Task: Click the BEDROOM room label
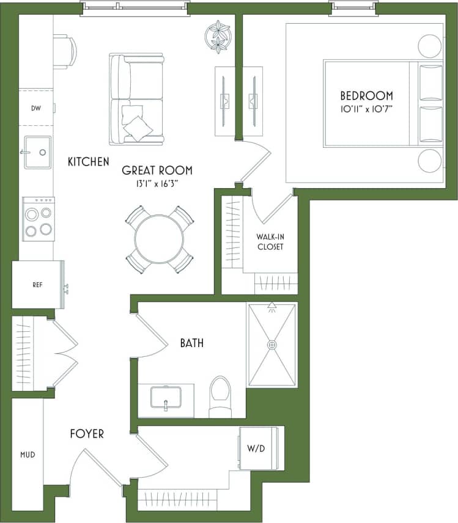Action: (366, 96)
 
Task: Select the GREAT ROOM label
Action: (157, 170)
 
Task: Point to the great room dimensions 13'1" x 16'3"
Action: (157, 183)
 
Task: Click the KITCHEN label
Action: (89, 162)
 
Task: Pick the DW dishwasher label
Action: (35, 108)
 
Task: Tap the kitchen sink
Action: (37, 152)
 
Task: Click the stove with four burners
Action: (38, 219)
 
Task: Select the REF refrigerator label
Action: (37, 285)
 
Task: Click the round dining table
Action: (159, 239)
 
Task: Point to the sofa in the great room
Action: (136, 100)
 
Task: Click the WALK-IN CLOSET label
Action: (270, 241)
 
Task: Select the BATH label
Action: (191, 343)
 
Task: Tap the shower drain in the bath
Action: (271, 345)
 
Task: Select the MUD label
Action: (27, 455)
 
